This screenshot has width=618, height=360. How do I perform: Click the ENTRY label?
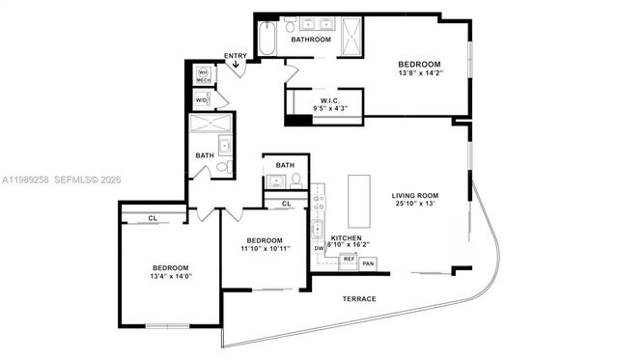click(235, 56)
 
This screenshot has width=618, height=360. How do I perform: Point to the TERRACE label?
click(359, 299)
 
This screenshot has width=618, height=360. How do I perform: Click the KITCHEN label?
click(347, 237)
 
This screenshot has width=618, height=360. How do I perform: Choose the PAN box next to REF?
click(368, 263)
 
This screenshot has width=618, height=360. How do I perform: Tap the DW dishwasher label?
click(319, 249)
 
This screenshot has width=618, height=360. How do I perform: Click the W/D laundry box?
click(202, 99)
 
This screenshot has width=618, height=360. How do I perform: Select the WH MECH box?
click(203, 75)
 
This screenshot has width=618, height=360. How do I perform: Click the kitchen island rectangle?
click(359, 200)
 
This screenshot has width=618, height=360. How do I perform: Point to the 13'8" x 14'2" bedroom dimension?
click(421, 72)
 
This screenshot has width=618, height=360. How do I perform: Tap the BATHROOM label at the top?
click(312, 40)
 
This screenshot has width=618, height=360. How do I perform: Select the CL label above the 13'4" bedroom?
click(153, 218)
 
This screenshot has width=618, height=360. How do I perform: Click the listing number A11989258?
click(26, 180)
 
